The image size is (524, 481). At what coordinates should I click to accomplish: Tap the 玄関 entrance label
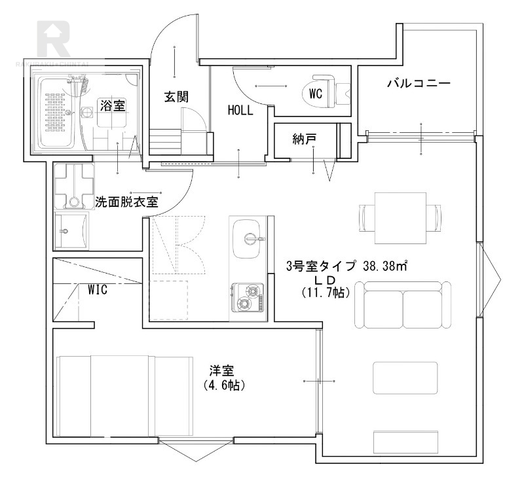[176, 98]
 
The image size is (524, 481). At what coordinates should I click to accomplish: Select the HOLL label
[240, 111]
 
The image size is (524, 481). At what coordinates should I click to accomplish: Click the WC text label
[316, 94]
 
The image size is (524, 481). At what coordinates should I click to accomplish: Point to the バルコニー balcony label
[418, 84]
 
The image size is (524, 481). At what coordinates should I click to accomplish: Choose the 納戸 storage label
[305, 139]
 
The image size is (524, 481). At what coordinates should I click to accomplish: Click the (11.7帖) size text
[326, 293]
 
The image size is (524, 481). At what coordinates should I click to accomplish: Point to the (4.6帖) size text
[225, 385]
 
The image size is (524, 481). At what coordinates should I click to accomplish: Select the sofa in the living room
[403, 305]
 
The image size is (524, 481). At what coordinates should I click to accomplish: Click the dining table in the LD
[401, 217]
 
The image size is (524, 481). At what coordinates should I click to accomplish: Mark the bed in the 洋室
[124, 397]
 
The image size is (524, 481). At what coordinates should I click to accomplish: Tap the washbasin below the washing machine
[71, 230]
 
